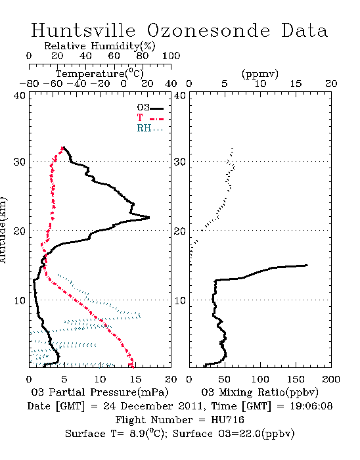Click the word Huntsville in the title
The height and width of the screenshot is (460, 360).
(83, 30)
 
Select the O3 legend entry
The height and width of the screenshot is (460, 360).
(150, 108)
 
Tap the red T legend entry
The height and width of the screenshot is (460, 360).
(150, 118)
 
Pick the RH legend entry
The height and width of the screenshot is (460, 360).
(150, 128)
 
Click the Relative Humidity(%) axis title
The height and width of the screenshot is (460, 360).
(100, 46)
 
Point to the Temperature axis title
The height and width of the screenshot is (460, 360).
(100, 74)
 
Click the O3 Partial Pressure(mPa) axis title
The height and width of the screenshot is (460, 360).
(100, 392)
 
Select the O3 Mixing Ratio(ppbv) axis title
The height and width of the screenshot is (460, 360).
(259, 392)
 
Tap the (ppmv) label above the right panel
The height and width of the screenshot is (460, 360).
(259, 74)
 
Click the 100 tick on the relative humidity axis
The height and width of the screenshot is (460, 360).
(171, 56)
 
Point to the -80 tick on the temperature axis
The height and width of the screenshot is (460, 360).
(29, 83)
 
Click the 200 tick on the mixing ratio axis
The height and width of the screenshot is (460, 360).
(331, 379)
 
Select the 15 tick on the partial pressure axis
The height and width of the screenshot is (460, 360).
(135, 379)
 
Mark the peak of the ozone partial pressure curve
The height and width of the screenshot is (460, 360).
(150, 218)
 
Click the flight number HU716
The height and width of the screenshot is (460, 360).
(227, 420)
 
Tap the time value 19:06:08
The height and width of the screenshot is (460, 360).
(311, 406)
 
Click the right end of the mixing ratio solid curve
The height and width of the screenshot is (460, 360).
(307, 265)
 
